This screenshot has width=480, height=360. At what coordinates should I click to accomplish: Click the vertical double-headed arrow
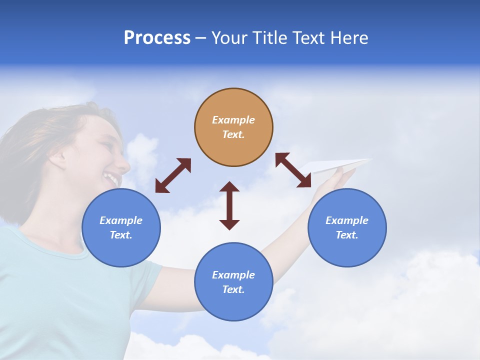229,205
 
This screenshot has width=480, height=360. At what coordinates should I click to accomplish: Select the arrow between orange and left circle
173,175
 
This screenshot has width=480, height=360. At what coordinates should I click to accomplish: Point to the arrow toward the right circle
293,170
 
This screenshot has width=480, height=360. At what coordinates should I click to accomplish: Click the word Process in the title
157,37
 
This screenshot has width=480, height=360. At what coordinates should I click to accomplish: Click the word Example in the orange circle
233,120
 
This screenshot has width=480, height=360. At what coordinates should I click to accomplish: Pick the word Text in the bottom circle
233,289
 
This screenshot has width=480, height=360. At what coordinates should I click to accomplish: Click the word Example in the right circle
347,220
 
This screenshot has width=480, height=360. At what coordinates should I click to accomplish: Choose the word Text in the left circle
121,235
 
